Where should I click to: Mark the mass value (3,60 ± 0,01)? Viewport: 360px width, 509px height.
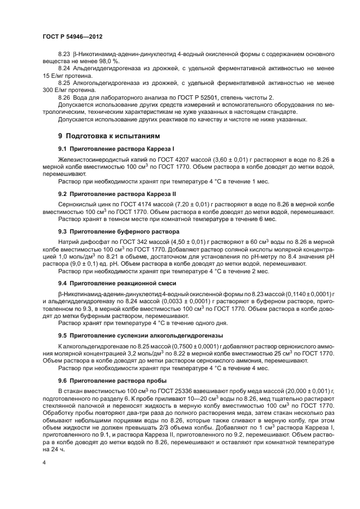pyautogui.click(x=206, y=158)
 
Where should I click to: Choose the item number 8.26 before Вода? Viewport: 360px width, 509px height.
pyautogui.click(x=64, y=97)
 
